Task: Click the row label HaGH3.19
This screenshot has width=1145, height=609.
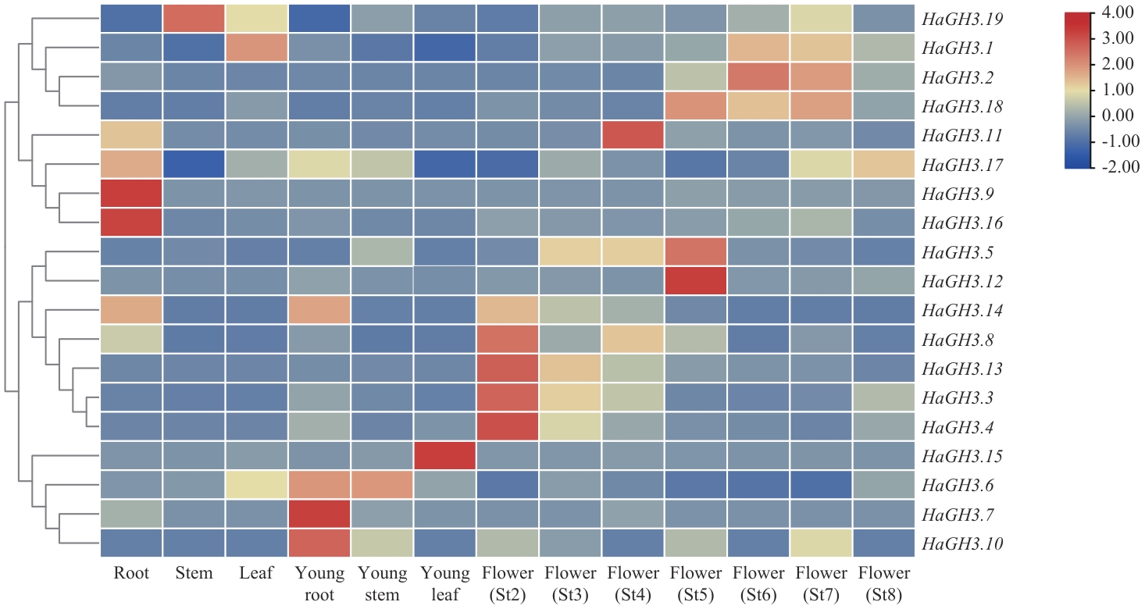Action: [x=963, y=19]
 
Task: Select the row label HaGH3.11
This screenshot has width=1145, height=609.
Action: [x=963, y=136]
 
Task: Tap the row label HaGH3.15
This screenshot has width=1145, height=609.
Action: [x=963, y=456]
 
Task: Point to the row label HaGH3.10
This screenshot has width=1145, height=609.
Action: [x=963, y=543]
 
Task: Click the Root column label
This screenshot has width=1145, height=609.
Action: [x=131, y=574]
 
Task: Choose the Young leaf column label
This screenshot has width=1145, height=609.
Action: [x=445, y=584]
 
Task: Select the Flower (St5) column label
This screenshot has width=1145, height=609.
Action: [x=696, y=584]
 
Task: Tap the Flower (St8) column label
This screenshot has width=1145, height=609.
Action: [x=884, y=584]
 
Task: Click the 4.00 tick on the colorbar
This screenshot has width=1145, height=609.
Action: [x=1118, y=13]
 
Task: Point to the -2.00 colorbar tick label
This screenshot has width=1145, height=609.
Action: [x=1118, y=166]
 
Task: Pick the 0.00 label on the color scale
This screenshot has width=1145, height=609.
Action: [x=1118, y=116]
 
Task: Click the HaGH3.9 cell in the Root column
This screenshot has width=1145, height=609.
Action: [x=131, y=193]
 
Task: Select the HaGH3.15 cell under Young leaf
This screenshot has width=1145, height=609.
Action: [x=445, y=455]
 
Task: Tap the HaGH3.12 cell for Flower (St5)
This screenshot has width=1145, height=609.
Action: [x=696, y=280]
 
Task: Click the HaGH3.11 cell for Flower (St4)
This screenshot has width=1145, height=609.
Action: [x=633, y=135]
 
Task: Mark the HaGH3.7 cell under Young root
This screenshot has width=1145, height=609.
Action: [x=319, y=514]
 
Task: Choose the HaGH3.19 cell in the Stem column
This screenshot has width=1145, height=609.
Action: [x=194, y=19]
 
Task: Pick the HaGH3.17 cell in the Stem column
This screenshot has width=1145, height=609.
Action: [x=194, y=164]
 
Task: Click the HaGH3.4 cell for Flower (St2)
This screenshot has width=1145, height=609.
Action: [x=508, y=426]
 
